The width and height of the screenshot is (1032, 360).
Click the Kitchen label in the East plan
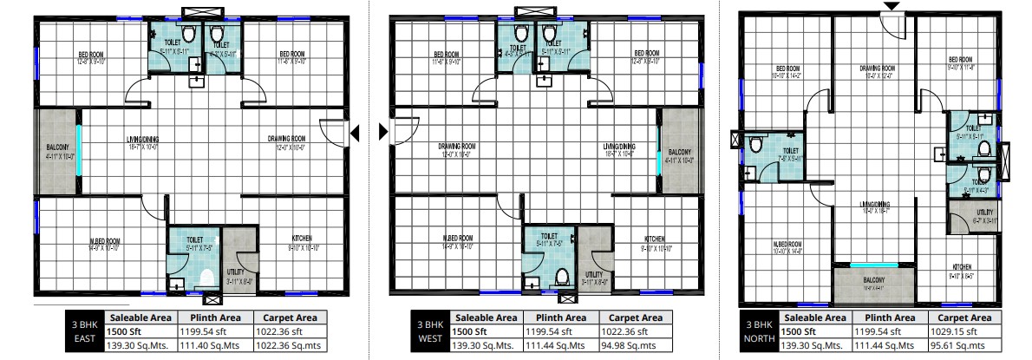coord(302,238)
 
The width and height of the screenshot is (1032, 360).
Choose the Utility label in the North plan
coord(984,212)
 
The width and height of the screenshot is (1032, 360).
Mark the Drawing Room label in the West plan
coord(456,146)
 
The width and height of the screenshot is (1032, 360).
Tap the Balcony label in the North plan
coord(873,280)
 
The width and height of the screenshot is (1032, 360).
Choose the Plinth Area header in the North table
coord(890,317)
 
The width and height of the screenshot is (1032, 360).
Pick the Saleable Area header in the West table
coord(486,317)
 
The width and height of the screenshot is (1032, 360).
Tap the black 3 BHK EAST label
coord(85,331)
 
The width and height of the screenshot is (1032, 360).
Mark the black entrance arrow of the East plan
coord(354,132)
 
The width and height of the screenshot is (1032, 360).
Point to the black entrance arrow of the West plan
coord(383,132)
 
